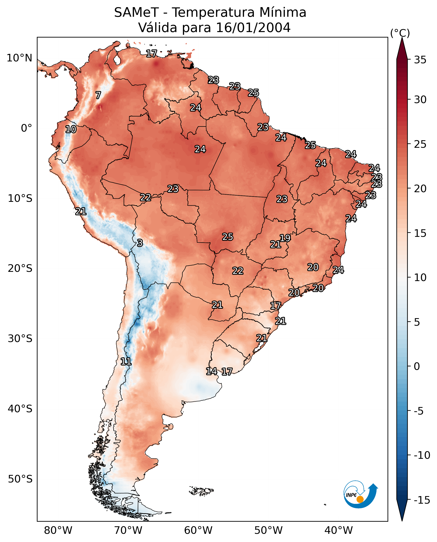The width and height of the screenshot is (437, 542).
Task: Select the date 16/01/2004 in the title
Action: pyautogui.click(x=253, y=27)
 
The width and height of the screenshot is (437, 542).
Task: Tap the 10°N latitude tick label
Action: pyautogui.click(x=19, y=58)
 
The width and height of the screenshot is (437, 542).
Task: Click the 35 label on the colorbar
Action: pyautogui.click(x=420, y=60)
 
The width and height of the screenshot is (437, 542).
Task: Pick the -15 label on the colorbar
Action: pyautogui.click(x=422, y=500)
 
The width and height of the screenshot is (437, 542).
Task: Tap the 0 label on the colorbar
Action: pyautogui.click(x=417, y=366)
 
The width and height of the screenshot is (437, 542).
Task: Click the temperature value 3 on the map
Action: pyautogui.click(x=140, y=243)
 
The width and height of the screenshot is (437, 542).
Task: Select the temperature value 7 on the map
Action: pyautogui.click(x=98, y=95)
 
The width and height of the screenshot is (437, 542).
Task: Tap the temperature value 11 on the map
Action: pyautogui.click(x=126, y=362)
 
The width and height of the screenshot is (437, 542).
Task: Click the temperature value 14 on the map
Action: pyautogui.click(x=211, y=371)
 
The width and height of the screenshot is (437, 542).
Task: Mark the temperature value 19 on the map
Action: pyautogui.click(x=285, y=238)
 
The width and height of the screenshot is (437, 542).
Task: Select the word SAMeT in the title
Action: pyautogui.click(x=136, y=12)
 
